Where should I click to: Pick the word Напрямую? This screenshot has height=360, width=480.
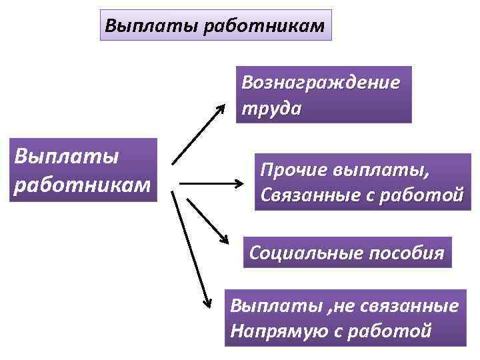(x=271, y=331)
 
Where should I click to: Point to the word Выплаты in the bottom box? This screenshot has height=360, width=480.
(x=264, y=306)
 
